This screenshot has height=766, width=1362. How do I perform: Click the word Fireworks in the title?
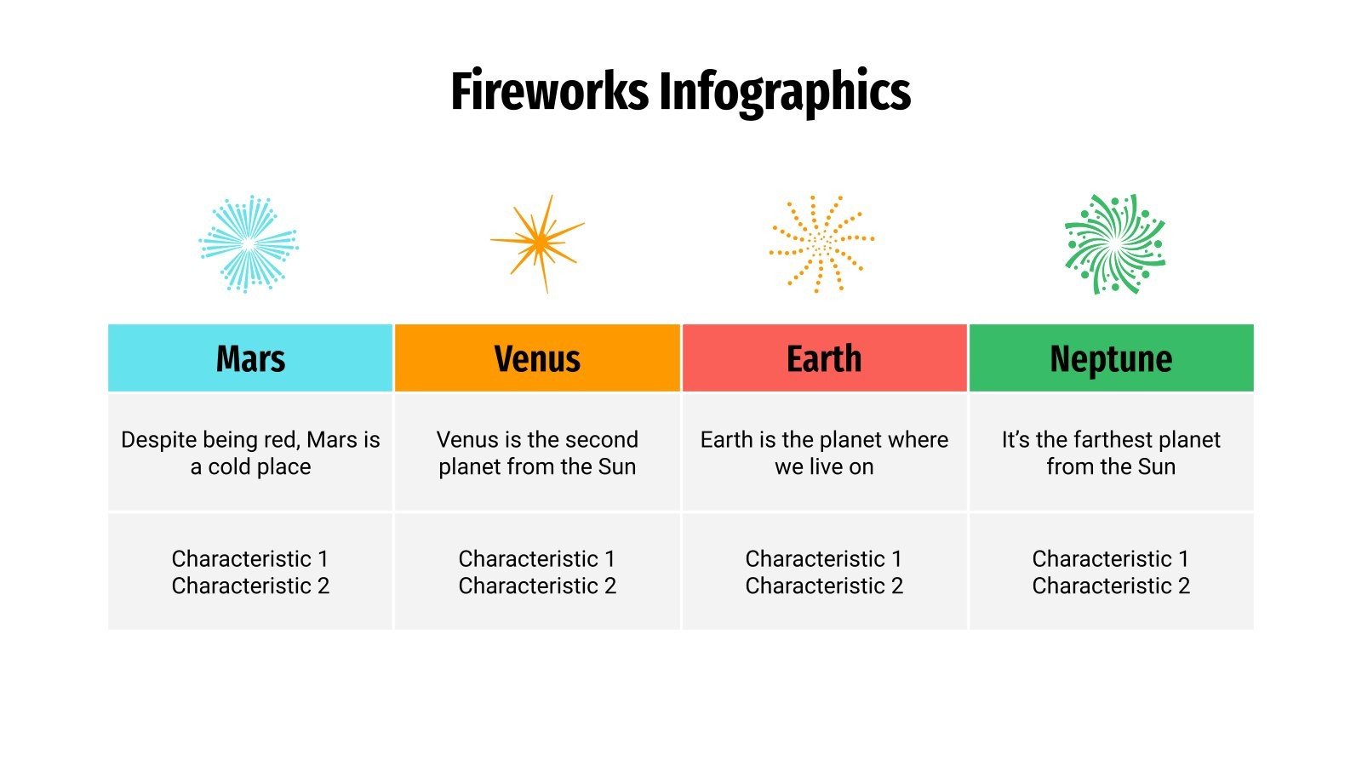(x=549, y=92)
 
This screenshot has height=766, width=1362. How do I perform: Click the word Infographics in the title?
(x=784, y=92)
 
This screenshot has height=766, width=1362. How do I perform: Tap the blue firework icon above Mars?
(x=249, y=243)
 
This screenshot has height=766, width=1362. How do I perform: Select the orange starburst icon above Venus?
(x=539, y=243)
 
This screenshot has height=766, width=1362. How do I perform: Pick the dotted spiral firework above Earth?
(x=821, y=243)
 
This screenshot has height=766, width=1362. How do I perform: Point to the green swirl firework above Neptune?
(x=1114, y=244)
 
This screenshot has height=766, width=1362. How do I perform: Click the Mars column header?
(x=250, y=358)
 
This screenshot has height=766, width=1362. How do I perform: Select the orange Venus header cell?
(x=537, y=358)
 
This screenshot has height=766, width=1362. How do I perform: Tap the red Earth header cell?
(x=824, y=358)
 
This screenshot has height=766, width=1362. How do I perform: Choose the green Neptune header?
(x=1111, y=358)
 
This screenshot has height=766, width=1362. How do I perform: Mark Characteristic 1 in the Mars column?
(x=250, y=559)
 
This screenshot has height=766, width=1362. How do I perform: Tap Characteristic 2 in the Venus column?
(x=537, y=586)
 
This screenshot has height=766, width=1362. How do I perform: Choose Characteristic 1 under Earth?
(x=824, y=559)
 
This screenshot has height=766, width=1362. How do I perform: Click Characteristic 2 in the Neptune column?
(x=1111, y=586)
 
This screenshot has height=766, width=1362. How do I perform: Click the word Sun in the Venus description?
(x=616, y=467)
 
